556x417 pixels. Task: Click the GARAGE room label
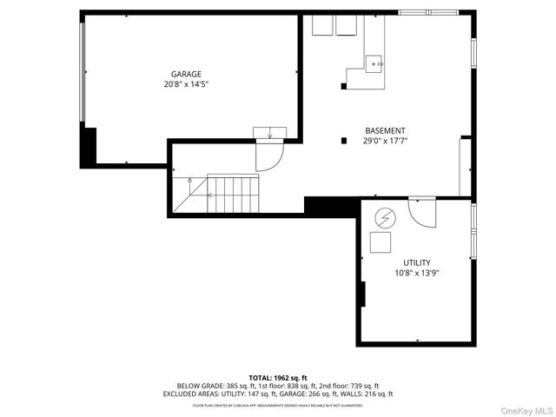coord(186,75)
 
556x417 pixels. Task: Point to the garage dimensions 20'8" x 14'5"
coord(186,85)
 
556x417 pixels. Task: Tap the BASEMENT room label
coord(385,130)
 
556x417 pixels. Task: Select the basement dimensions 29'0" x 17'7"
coord(385,141)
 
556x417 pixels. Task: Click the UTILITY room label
coord(416,262)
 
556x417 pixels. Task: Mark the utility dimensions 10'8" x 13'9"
coord(416,273)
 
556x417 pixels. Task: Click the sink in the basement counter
coord(374,63)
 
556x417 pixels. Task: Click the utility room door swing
coord(423,211)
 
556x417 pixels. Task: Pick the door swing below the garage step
coord(268,156)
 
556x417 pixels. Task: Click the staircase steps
coord(233,194)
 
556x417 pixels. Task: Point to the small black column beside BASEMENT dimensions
coord(344,141)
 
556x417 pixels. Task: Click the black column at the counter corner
coord(344,86)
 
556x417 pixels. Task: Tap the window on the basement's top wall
coord(428,12)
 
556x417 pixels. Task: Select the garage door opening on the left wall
coord(83,73)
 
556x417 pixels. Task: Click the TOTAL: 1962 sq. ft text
coord(278,378)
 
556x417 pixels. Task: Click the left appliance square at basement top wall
coord(319,26)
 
